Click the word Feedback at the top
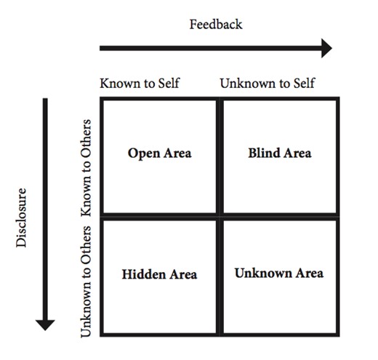pos(216,24)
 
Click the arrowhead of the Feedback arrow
pos(325,49)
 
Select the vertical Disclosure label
pos(22,217)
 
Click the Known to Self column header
pos(140,83)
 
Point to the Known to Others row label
pos(87,167)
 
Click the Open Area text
pos(159,153)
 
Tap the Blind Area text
pos(279,153)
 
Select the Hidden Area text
pos(159,274)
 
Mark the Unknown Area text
pos(279,273)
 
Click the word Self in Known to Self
pos(168,83)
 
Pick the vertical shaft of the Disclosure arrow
pos(46,204)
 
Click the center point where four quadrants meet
pos(219,216)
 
